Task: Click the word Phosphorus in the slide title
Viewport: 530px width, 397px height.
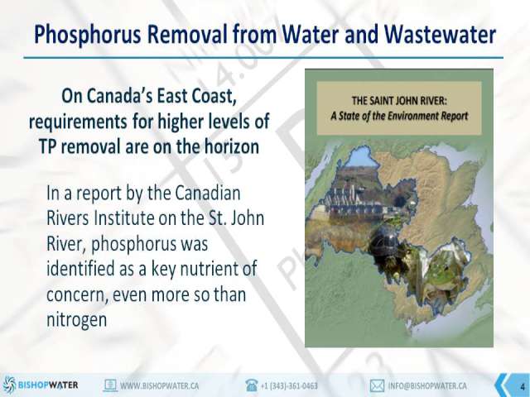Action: click(x=88, y=35)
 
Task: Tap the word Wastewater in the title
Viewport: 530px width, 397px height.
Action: click(x=440, y=34)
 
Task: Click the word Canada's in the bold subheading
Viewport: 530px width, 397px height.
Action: click(x=119, y=96)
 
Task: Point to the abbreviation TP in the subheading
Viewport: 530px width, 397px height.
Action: click(x=47, y=146)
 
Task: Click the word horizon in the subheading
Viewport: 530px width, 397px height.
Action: click(x=232, y=146)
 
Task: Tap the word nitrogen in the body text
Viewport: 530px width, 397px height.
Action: click(x=76, y=320)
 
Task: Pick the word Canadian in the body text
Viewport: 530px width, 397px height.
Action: click(x=208, y=193)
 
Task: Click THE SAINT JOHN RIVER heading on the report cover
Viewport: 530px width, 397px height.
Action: click(x=399, y=101)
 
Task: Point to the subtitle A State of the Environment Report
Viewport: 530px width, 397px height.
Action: click(x=399, y=116)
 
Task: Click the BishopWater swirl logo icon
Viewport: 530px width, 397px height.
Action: click(x=9, y=385)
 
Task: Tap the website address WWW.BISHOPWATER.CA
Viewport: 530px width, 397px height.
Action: click(x=159, y=385)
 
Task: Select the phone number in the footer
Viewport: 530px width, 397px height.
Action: click(x=289, y=385)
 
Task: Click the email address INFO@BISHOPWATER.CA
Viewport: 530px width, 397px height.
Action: click(x=427, y=385)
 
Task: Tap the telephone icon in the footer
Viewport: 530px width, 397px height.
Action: click(x=252, y=385)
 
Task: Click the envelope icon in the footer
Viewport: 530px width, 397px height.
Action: click(x=377, y=385)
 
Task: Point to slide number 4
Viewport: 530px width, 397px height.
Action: click(x=523, y=386)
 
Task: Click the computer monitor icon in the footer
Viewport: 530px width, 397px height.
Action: click(x=110, y=385)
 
